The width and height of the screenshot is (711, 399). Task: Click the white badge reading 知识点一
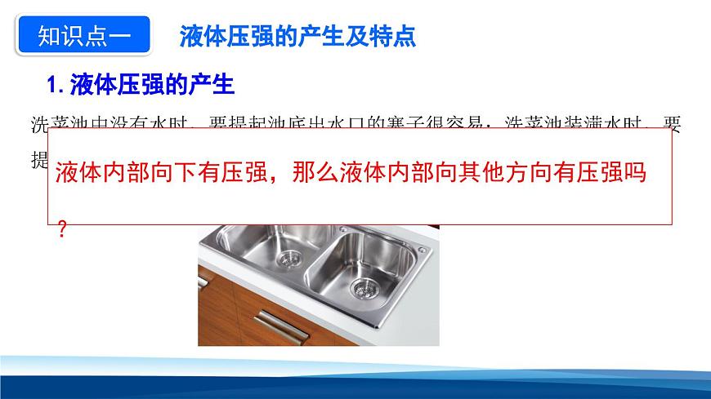pos(83,36)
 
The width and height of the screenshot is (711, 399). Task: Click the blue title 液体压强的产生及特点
pos(297,36)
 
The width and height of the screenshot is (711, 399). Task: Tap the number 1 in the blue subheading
pos(54,84)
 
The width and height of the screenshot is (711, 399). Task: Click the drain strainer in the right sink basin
pos(364,287)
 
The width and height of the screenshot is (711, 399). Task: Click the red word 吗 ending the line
pos(634,174)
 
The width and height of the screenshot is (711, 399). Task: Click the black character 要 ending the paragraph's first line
pos(672,124)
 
